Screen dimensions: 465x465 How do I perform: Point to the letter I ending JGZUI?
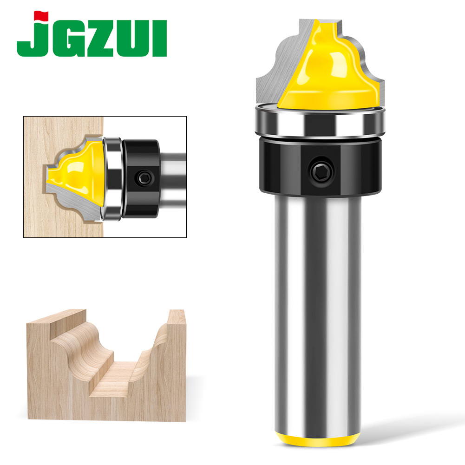pos(160,40)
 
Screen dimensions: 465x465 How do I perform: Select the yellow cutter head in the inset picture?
pos(77,172)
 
